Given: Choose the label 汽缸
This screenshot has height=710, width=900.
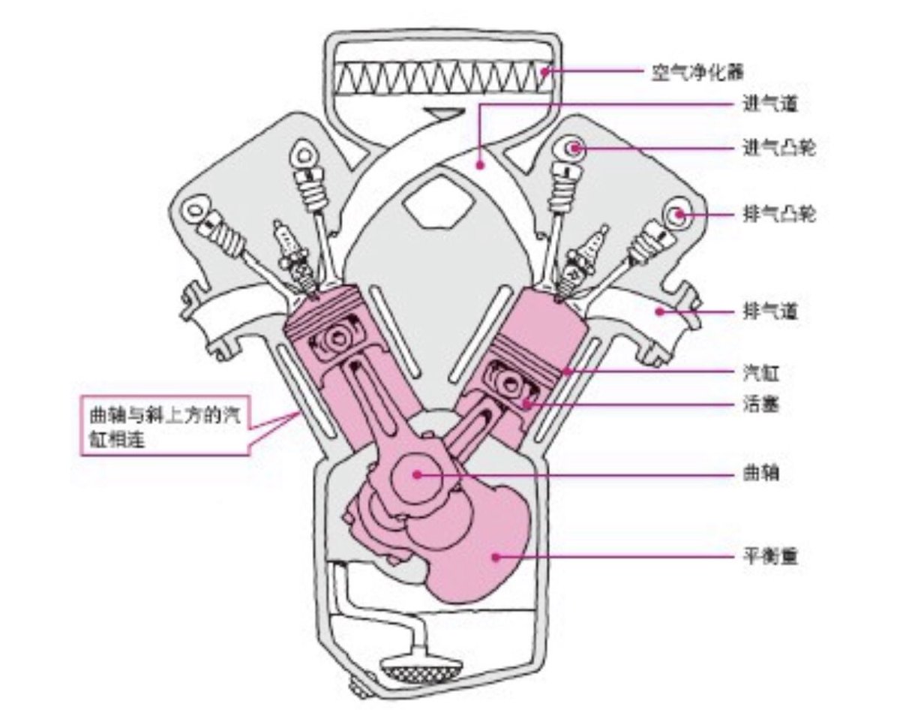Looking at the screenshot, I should tap(759, 372).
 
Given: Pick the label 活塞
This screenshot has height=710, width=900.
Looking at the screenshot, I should tap(759, 405).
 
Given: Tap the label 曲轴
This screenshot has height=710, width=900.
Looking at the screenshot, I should tap(759, 474).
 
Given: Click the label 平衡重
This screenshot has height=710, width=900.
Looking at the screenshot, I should tap(769, 558).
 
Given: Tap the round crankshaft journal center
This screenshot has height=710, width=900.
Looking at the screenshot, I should tap(416, 474).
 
